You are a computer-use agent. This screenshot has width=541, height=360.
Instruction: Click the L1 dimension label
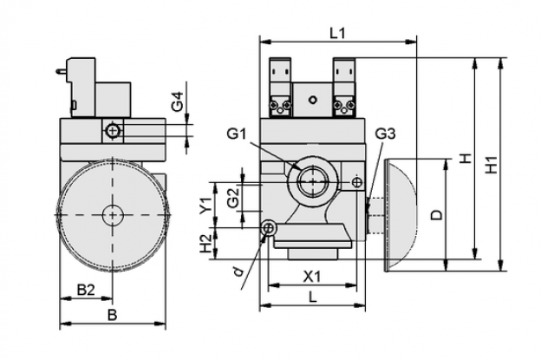click(337, 34)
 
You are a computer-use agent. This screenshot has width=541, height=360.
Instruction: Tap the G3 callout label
click(385, 134)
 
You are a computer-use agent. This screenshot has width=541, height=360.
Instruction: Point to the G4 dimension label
click(178, 101)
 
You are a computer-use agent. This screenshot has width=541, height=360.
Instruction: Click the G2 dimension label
click(234, 198)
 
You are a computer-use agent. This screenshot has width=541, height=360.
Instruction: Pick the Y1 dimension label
click(206, 205)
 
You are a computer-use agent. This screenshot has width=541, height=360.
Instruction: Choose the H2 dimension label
click(206, 244)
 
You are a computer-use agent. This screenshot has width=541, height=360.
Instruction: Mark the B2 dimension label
click(86, 290)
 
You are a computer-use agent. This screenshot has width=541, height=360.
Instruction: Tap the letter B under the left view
click(112, 315)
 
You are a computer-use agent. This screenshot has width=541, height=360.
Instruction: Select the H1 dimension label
click(492, 165)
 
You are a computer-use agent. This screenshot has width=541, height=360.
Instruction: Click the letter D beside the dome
click(437, 215)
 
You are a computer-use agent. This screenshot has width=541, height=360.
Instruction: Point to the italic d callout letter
click(238, 272)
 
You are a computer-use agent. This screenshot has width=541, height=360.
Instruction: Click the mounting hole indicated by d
click(268, 227)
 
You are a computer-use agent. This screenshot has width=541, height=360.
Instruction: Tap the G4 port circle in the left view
click(112, 131)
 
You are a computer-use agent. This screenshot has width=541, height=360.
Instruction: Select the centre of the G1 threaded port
click(313, 181)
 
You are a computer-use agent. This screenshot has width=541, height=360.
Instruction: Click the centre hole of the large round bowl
click(113, 215)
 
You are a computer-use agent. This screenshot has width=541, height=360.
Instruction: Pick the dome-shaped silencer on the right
click(401, 215)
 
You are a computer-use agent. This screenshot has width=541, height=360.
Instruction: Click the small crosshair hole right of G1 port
click(357, 182)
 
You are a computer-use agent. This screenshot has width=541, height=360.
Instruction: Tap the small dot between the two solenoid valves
click(313, 100)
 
